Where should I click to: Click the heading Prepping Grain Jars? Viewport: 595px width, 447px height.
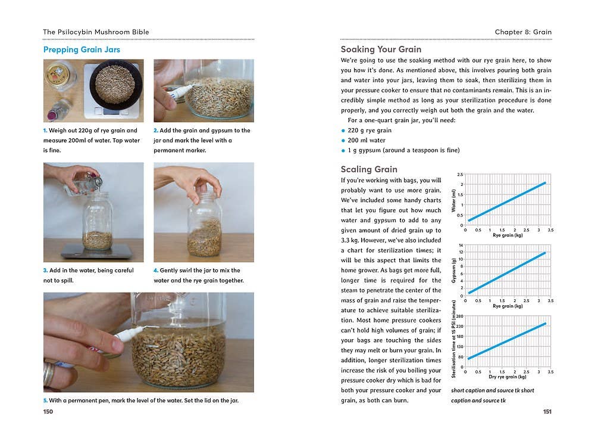click(82, 49)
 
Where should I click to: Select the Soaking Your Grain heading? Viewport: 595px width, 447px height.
click(381, 49)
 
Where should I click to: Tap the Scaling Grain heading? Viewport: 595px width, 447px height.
click(369, 169)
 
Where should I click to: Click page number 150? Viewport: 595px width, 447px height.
click(48, 411)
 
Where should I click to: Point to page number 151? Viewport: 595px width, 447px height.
click(547, 411)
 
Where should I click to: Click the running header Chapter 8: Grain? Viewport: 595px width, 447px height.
click(523, 32)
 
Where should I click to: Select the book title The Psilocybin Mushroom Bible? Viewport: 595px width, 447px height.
click(96, 32)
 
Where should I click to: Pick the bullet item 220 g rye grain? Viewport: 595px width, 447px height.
click(369, 131)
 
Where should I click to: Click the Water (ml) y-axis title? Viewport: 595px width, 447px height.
click(454, 201)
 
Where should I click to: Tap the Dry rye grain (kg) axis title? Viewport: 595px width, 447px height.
click(507, 377)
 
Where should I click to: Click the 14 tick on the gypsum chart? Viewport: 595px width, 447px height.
click(461, 246)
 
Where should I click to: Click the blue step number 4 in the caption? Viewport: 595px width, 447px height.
click(156, 271)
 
